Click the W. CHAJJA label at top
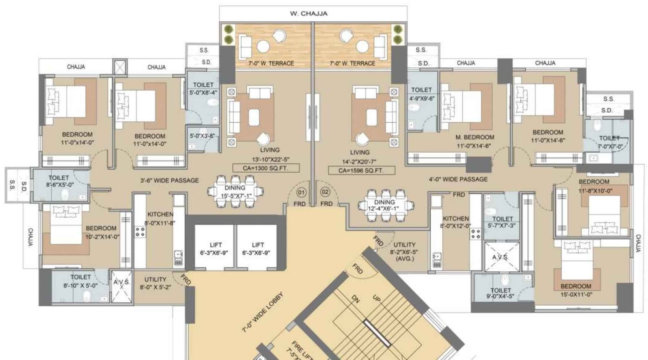(309, 13)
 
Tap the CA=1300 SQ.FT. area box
(266, 168)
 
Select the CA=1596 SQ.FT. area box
(361, 170)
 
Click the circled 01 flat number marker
(301, 192)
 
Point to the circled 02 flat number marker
(325, 192)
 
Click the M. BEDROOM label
(475, 137)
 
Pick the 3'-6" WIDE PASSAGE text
(169, 181)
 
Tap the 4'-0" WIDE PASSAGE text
(458, 179)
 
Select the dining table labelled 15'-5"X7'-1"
(235, 192)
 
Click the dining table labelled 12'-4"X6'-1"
(384, 205)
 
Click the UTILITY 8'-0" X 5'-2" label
(156, 283)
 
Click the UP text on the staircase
(376, 298)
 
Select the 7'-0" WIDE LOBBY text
(262, 312)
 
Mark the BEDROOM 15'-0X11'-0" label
(576, 290)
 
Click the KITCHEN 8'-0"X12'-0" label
(456, 222)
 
